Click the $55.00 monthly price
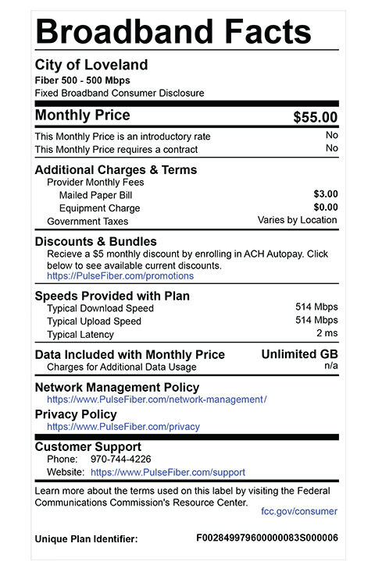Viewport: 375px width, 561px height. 315,118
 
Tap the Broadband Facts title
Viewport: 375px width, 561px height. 173,32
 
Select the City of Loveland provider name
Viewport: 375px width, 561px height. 91,65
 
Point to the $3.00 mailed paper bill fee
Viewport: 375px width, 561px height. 325,194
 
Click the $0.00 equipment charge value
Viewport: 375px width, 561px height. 325,208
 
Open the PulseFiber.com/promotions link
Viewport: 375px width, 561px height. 120,276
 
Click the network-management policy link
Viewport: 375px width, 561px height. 156,399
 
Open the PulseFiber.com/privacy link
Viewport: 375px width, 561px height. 123,427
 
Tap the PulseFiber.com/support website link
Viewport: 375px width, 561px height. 168,472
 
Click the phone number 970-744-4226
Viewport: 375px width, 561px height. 122,459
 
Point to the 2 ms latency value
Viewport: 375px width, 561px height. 327,334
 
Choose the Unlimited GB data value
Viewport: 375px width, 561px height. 299,354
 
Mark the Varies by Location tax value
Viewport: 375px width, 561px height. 298,221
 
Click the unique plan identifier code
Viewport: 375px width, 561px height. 266,538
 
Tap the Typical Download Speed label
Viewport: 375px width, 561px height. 100,308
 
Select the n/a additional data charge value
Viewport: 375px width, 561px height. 331,365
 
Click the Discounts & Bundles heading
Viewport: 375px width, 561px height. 95,242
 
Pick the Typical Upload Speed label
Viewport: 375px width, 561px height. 94,321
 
